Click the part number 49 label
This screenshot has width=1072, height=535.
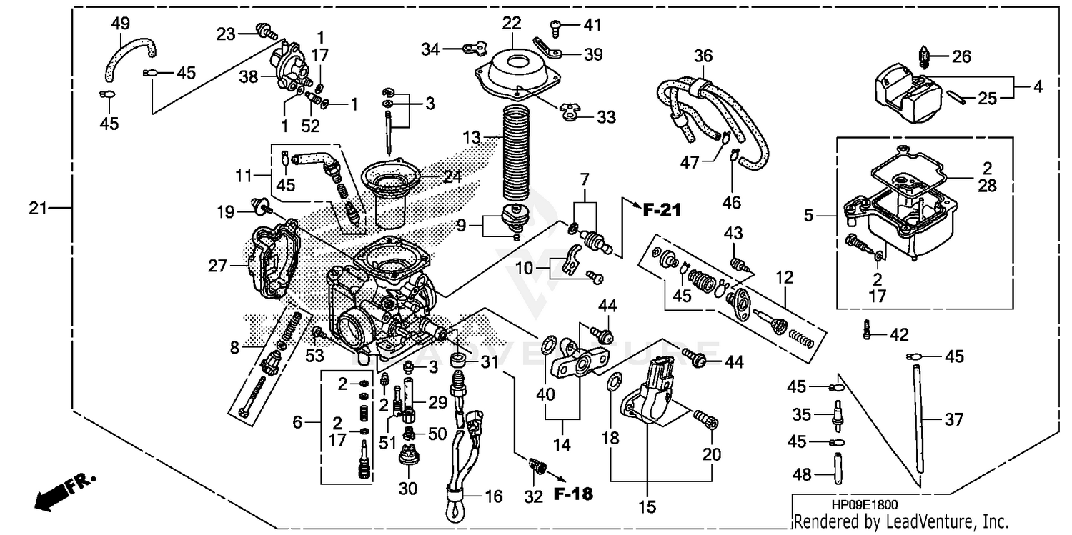click(119, 24)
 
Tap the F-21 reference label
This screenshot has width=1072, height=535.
click(662, 210)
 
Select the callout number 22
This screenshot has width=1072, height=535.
click(511, 24)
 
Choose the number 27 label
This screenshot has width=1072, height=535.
click(218, 266)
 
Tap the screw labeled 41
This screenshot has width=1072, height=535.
click(558, 27)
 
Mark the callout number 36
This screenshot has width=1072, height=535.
click(703, 55)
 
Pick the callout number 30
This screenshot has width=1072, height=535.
click(407, 489)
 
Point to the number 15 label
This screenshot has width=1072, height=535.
click(646, 508)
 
